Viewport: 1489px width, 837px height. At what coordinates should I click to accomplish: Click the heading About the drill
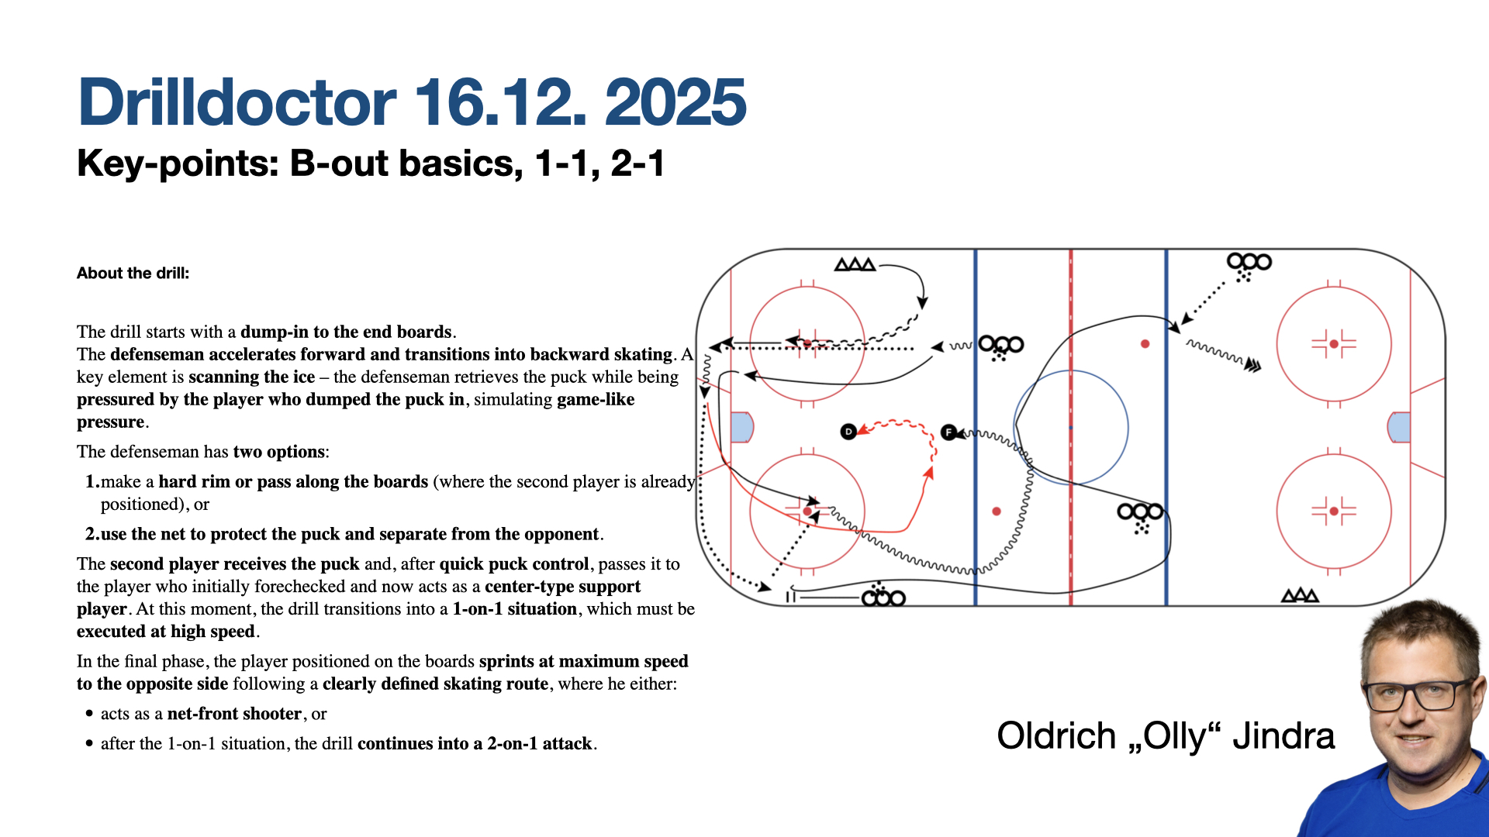(133, 273)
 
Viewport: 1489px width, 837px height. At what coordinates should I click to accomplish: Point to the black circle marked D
(848, 432)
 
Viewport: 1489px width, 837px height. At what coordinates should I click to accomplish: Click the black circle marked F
(948, 432)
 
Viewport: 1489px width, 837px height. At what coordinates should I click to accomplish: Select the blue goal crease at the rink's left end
(742, 427)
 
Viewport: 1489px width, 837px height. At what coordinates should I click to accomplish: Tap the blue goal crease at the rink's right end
(1399, 427)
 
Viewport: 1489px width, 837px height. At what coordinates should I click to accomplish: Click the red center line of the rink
(1071, 427)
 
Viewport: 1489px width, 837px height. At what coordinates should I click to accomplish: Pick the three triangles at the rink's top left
(855, 264)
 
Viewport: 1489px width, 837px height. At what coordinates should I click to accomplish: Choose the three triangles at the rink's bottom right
(1301, 595)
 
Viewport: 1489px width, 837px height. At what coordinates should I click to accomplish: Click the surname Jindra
(1283, 735)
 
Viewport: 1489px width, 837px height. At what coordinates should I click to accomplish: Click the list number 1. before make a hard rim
(92, 482)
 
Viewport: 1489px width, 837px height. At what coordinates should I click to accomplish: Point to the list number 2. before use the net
(92, 534)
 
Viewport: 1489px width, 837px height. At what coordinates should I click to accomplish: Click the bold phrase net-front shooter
(234, 714)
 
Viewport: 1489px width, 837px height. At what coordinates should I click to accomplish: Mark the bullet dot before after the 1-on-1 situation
(89, 744)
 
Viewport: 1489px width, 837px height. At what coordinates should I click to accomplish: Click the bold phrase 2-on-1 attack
(540, 744)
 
